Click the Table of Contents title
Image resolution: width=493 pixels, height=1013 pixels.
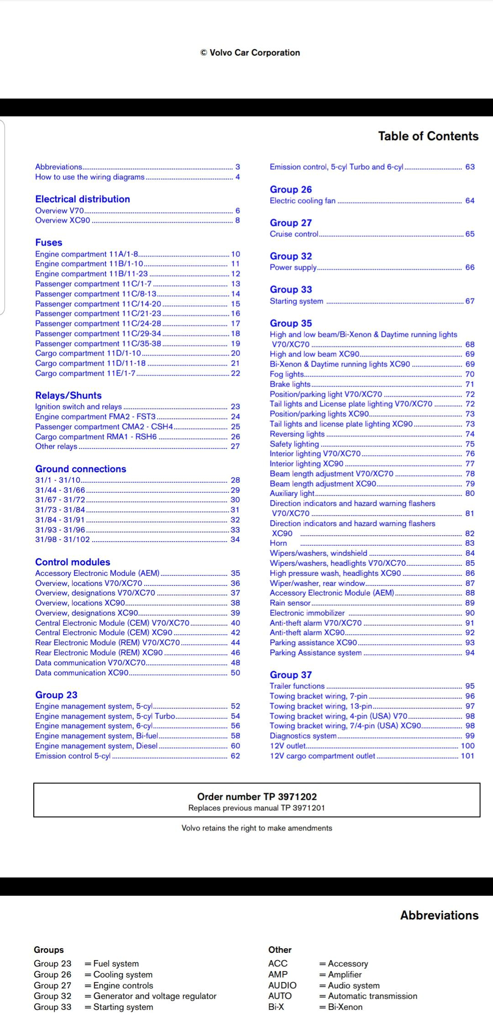point(428,136)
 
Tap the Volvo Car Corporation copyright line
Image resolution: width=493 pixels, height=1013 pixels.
point(250,52)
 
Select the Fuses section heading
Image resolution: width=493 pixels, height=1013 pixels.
point(49,242)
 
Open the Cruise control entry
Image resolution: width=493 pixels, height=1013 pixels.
point(294,234)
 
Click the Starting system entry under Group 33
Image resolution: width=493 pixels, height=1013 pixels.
point(296,301)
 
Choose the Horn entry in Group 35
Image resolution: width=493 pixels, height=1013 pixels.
point(278,543)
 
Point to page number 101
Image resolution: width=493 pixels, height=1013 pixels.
point(467,756)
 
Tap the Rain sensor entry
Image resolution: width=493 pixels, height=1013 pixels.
point(290,603)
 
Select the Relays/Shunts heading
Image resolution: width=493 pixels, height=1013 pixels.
point(68,395)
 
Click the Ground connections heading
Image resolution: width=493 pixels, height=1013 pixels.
point(81,469)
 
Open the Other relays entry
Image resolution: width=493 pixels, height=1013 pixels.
point(56,446)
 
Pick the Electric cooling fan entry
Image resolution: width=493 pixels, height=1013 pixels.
point(303,201)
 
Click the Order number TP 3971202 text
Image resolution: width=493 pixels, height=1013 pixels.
point(257,797)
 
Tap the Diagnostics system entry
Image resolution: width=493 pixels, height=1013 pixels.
point(303,736)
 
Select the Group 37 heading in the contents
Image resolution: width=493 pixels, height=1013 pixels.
point(291,674)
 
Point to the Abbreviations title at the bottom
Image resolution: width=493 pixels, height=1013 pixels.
point(439,915)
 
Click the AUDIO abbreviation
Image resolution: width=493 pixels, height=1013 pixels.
point(282,985)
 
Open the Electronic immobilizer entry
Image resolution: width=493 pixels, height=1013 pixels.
point(307,613)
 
